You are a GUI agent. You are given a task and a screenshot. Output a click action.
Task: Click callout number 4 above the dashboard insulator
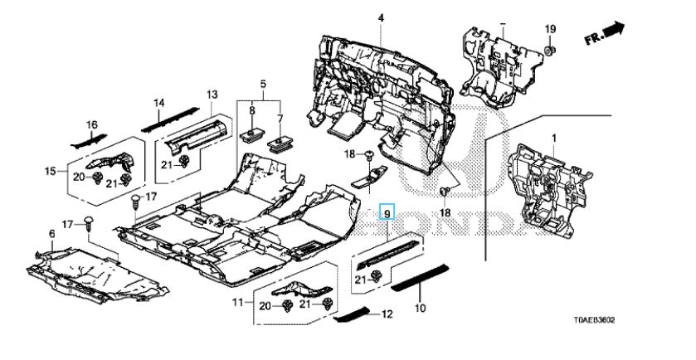click(381, 17)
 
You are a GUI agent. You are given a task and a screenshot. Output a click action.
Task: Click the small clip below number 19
click(550, 55)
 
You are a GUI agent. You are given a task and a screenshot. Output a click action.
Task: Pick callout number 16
click(93, 124)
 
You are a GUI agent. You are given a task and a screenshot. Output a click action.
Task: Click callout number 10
click(420, 308)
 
